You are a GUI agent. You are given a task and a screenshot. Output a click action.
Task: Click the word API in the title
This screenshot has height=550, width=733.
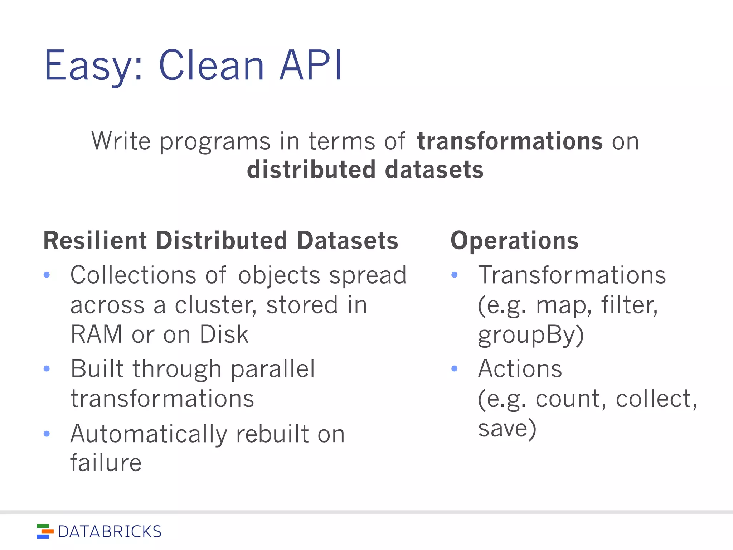pyautogui.click(x=311, y=66)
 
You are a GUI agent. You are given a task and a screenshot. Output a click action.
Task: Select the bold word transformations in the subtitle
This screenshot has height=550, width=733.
pyautogui.click(x=510, y=141)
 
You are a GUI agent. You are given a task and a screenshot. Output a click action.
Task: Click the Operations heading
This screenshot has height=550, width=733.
pyautogui.click(x=514, y=241)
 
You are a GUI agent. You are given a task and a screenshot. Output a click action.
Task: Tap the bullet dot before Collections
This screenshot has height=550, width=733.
pyautogui.click(x=47, y=275)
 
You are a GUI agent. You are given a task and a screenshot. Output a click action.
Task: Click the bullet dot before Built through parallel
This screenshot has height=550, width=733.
pyautogui.click(x=47, y=368)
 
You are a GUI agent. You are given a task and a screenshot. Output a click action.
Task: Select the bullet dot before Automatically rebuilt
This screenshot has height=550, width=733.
pyautogui.click(x=47, y=434)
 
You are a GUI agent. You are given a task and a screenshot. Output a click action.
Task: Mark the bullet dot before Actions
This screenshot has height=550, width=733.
pyautogui.click(x=455, y=368)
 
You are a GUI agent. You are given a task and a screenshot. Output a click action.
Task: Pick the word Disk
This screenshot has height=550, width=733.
pyautogui.click(x=224, y=334)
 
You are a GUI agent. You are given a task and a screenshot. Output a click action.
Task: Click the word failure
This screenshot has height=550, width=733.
pyautogui.click(x=106, y=463)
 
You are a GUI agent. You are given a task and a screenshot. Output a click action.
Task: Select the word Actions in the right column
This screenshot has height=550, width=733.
pyautogui.click(x=520, y=368)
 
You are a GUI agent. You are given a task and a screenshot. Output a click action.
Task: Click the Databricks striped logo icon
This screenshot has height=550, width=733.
pyautogui.click(x=45, y=531)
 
